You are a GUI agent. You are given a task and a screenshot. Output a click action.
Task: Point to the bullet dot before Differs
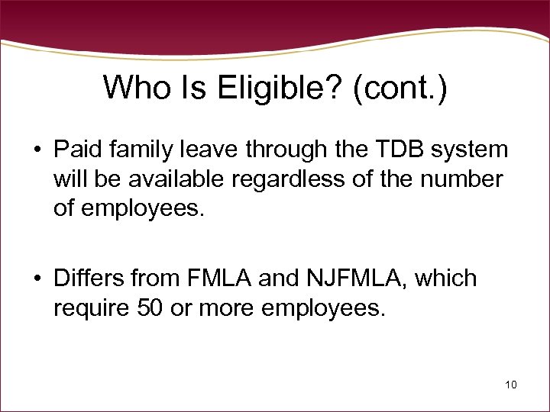[x=37, y=279]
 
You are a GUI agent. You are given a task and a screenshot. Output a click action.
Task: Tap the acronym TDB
[x=395, y=150]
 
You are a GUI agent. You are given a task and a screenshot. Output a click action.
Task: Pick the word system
[x=468, y=150]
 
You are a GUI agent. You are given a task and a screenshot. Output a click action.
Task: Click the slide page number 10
[x=510, y=385]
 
